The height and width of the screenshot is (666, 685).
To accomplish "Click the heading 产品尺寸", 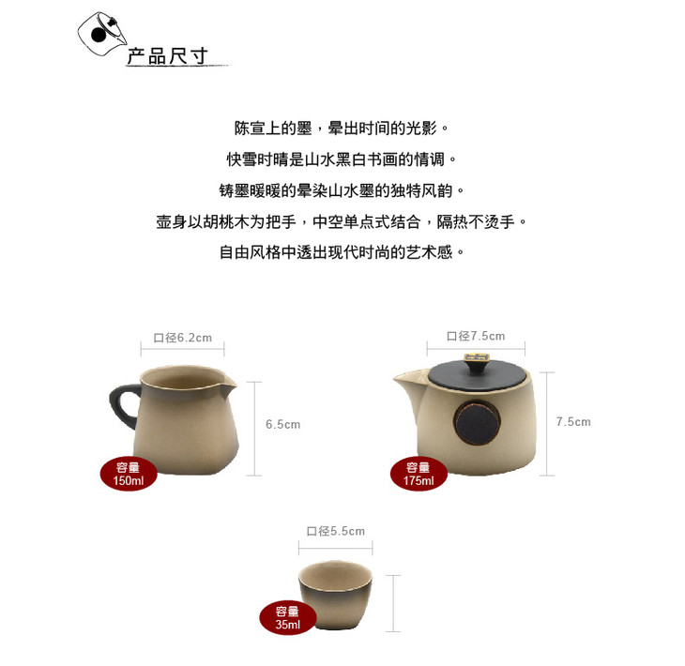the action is pyautogui.click(x=167, y=57).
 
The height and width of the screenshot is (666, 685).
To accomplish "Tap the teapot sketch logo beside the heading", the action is pyautogui.click(x=102, y=34).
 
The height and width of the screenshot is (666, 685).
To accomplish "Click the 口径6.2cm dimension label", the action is pyautogui.click(x=183, y=338).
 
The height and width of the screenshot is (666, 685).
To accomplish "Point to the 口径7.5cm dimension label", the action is pyautogui.click(x=476, y=336).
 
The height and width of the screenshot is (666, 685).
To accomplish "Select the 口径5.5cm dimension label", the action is pyautogui.click(x=336, y=531).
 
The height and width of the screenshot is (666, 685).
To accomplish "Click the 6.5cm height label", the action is pyautogui.click(x=283, y=424).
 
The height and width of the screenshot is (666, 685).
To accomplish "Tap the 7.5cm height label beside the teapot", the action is pyautogui.click(x=573, y=421).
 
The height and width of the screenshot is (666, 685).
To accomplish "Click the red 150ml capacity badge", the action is pyautogui.click(x=129, y=474).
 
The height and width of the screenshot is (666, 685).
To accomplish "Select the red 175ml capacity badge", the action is pyautogui.click(x=419, y=474).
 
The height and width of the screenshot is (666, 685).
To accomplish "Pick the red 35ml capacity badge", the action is pyautogui.click(x=287, y=617).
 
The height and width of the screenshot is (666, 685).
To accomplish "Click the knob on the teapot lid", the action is pyautogui.click(x=476, y=362).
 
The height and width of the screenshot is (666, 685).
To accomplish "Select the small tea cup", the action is pyautogui.click(x=336, y=595).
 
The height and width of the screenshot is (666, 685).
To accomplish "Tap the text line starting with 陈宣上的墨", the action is pyautogui.click(x=342, y=129).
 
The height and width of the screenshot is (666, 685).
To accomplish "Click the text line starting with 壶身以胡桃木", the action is pyautogui.click(x=342, y=222).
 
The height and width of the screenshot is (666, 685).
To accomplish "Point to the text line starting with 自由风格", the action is pyautogui.click(x=342, y=252).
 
